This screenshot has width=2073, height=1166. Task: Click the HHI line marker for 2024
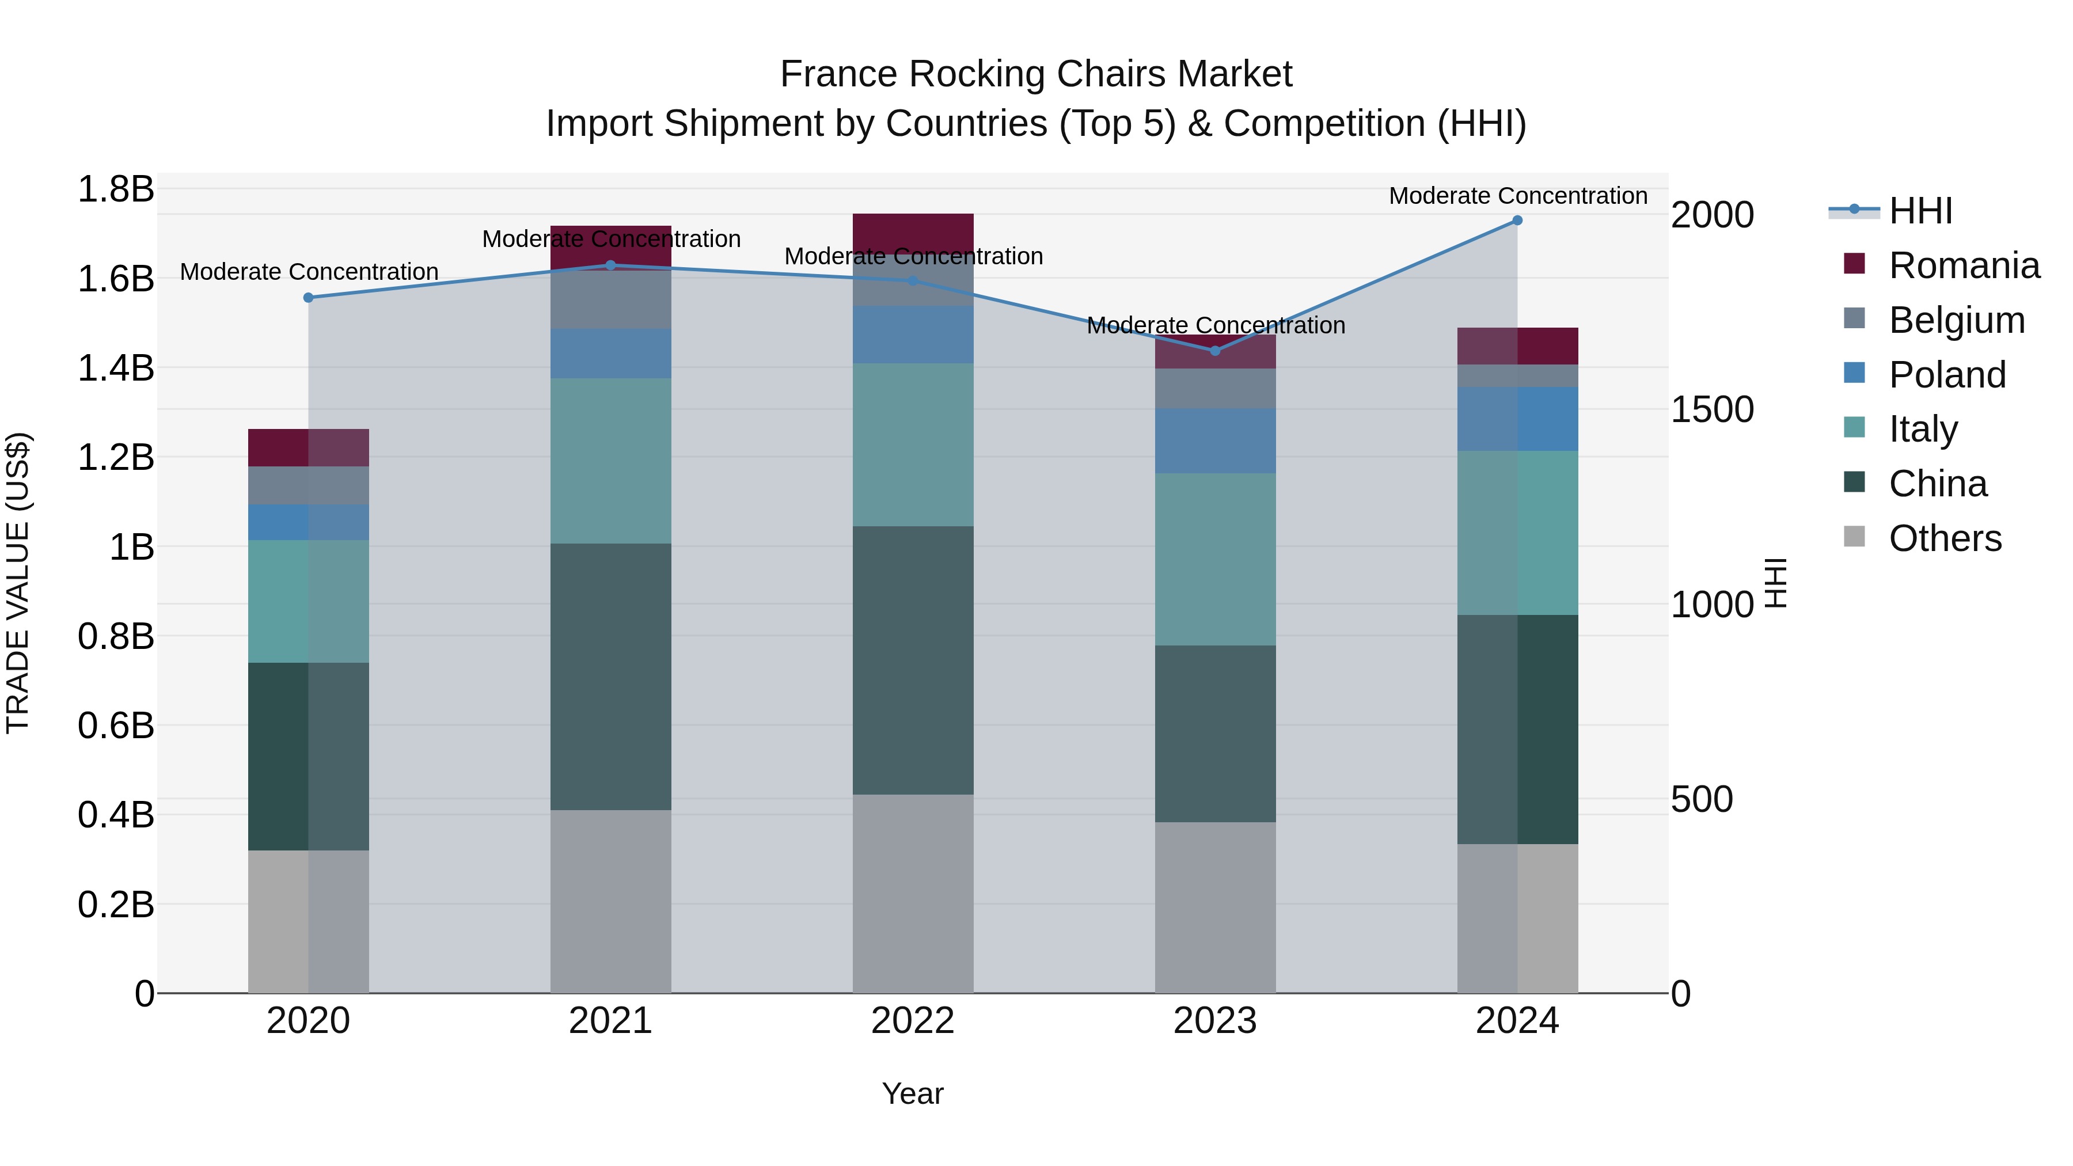tap(1517, 220)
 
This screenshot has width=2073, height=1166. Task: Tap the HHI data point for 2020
tap(308, 298)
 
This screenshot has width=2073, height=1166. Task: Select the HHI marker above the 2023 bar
tap(1215, 351)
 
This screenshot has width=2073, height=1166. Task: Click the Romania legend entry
tap(1964, 265)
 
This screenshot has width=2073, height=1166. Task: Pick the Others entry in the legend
tap(1944, 538)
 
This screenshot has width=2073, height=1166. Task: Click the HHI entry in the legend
tap(1919, 211)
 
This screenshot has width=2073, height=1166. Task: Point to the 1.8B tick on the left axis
tap(115, 190)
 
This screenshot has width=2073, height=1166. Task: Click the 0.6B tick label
tap(115, 726)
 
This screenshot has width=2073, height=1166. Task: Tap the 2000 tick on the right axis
tap(1713, 216)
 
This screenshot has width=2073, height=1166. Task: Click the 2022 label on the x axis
tap(913, 1021)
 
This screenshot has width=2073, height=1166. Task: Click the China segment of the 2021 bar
tap(611, 676)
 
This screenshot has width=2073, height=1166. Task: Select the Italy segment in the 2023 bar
tap(1215, 559)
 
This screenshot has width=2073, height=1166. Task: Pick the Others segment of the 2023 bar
tap(1215, 907)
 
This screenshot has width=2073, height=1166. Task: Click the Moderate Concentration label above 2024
tap(1518, 196)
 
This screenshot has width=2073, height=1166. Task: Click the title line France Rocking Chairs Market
tap(1036, 74)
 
